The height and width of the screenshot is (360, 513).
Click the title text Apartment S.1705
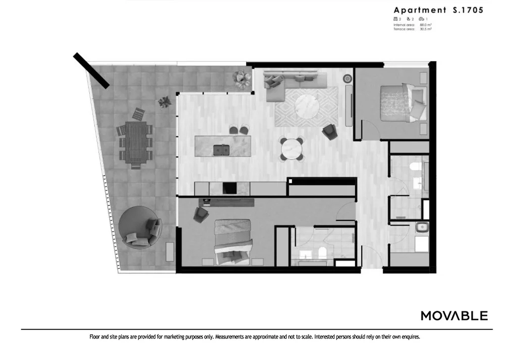pos(438,10)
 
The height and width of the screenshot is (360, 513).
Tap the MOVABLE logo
pos(454,316)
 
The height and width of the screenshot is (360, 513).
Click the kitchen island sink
pos(220,149)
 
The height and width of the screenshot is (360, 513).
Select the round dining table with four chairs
pos(292,149)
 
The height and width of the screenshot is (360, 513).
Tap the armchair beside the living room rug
pos(330,132)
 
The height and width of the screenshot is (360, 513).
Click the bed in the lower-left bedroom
pos(233,241)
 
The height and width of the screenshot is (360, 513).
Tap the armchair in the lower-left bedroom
pos(201,214)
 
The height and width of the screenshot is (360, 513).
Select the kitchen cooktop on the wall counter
pos(230,189)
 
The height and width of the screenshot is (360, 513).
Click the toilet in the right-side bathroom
pos(415,167)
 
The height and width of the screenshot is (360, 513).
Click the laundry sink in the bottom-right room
pos(421,228)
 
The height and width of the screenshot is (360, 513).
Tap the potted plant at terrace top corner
pos(242,79)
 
